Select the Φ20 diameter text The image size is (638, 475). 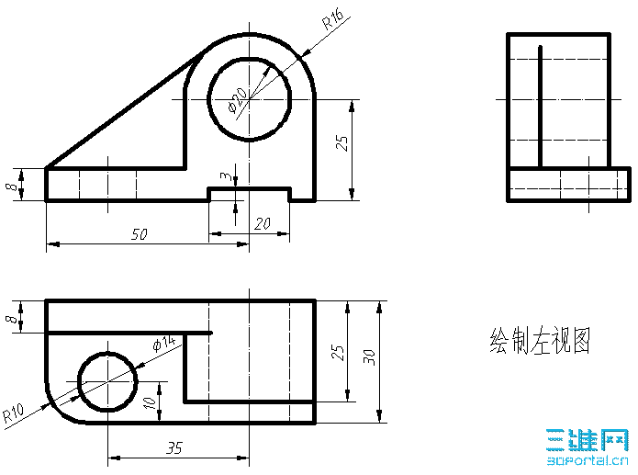tap(238, 100)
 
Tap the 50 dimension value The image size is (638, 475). tap(140, 234)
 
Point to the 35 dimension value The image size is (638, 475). tap(174, 448)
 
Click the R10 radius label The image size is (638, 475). tap(14, 413)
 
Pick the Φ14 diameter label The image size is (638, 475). tap(164, 344)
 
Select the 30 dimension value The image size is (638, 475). tap(369, 357)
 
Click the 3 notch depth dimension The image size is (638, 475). tap(226, 176)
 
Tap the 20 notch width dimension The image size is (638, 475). tap(263, 223)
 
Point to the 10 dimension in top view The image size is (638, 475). tap(151, 403)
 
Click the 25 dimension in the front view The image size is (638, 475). tap(341, 143)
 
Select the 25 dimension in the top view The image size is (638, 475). tap(337, 353)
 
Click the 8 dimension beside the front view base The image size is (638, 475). tap(11, 187)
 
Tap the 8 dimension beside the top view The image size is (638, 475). tap(11, 318)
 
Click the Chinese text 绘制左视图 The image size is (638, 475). tap(540, 340)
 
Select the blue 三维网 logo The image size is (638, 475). tap(588, 440)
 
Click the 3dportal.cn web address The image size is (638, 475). tap(588, 460)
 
